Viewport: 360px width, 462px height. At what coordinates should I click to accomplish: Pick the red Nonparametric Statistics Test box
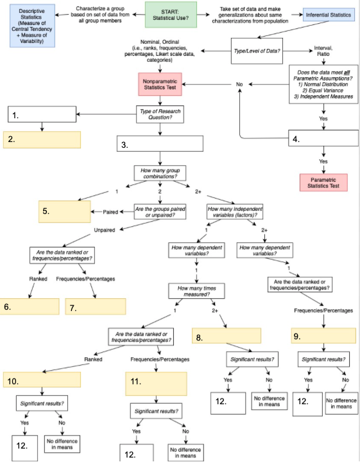[160, 85]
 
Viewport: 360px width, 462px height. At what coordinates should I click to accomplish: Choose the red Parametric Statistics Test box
[323, 182]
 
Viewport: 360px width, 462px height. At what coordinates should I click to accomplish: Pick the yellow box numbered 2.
[42, 139]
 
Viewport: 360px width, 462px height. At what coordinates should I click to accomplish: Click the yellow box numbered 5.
[62, 211]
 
